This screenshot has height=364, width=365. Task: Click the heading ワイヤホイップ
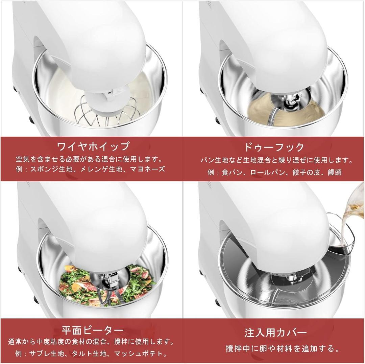93,146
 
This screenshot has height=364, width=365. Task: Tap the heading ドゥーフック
274,147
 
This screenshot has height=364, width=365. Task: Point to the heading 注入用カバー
276,332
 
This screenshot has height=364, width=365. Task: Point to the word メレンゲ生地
97,169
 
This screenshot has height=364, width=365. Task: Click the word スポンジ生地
50,169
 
